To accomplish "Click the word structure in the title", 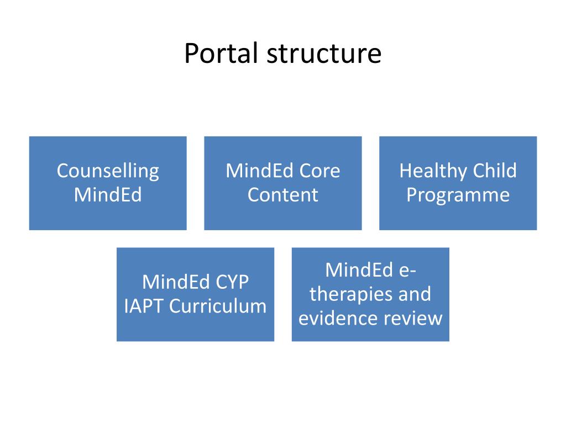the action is (324, 54).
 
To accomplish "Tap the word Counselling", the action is (108, 171).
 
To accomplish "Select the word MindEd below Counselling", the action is (108, 195).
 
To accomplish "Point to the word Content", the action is (282, 195).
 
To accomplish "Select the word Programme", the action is (458, 195).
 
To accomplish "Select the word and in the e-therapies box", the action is (415, 294).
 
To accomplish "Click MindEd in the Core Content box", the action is (260, 171).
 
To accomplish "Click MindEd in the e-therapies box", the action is (359, 270).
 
